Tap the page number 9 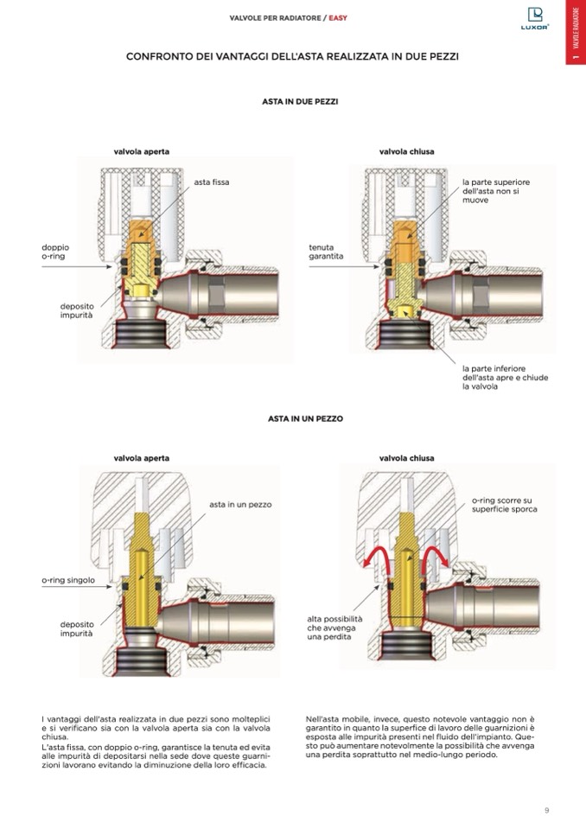pos(546,810)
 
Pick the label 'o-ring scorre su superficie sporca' pos(504,505)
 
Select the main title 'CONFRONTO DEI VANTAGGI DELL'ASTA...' pos(292,57)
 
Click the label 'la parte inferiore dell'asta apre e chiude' pos(505,377)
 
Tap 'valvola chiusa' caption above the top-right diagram pos(406,151)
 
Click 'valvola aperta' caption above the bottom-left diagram pos(141,457)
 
